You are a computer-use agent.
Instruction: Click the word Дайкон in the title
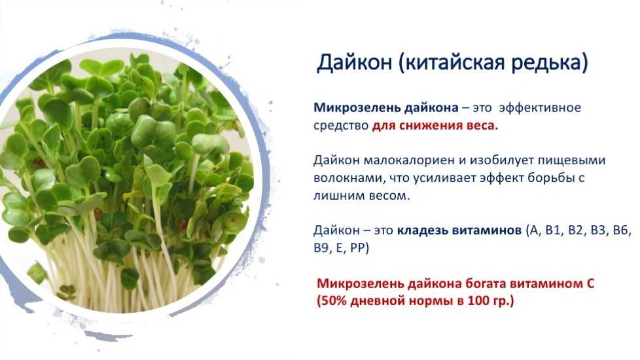pyautogui.click(x=354, y=63)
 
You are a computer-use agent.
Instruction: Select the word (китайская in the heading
pyautogui.click(x=447, y=63)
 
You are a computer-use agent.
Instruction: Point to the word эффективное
pyautogui.click(x=540, y=108)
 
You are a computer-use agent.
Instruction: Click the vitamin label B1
pyautogui.click(x=554, y=230)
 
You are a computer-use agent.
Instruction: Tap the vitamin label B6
pyautogui.click(x=620, y=230)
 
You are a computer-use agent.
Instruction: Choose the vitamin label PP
pyautogui.click(x=357, y=248)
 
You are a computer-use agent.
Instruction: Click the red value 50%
pyautogui.click(x=334, y=301)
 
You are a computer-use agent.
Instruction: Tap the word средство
pyautogui.click(x=341, y=126)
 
